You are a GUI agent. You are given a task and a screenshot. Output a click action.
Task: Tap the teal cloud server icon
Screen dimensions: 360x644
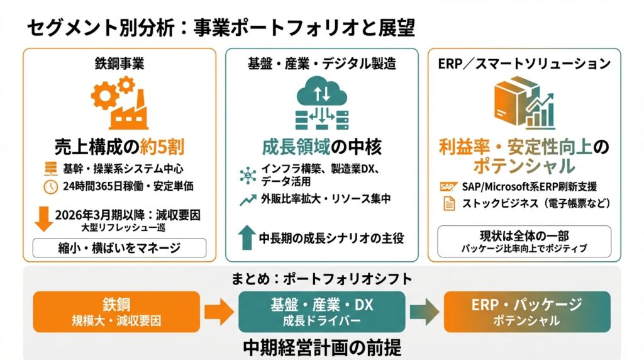click(321, 104)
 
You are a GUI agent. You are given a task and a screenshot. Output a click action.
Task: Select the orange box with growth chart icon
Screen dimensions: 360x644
click(524, 102)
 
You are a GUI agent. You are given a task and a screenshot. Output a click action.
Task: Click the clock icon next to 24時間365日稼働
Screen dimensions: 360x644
click(50, 187)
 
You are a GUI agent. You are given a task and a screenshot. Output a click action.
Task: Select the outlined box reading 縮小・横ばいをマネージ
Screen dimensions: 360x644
click(119, 247)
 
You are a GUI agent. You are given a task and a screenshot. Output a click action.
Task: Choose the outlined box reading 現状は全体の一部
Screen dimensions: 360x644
click(523, 240)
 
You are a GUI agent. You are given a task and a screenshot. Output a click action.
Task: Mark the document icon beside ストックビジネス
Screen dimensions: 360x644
click(448, 203)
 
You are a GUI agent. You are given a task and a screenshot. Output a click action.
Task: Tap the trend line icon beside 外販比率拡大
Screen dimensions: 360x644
click(247, 201)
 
